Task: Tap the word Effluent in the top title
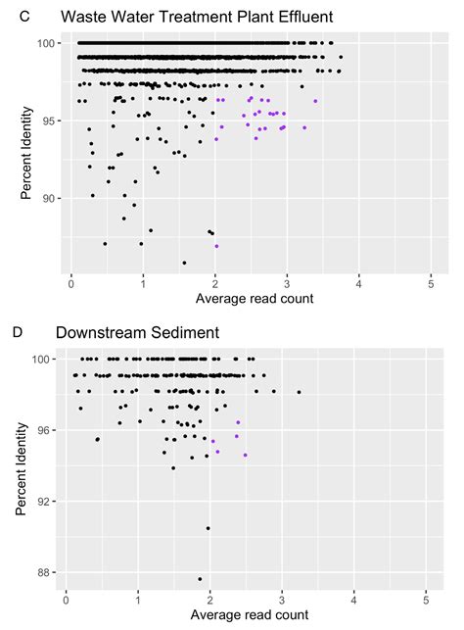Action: (302, 16)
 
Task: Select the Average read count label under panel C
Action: (255, 297)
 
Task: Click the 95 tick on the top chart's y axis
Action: (51, 121)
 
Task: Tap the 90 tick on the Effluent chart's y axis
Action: (51, 198)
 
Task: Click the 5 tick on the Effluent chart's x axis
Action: (431, 283)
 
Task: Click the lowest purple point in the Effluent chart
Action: (216, 246)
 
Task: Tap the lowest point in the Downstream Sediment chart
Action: (200, 579)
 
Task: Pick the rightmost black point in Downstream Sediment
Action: (299, 392)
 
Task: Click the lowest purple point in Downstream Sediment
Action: (246, 455)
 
